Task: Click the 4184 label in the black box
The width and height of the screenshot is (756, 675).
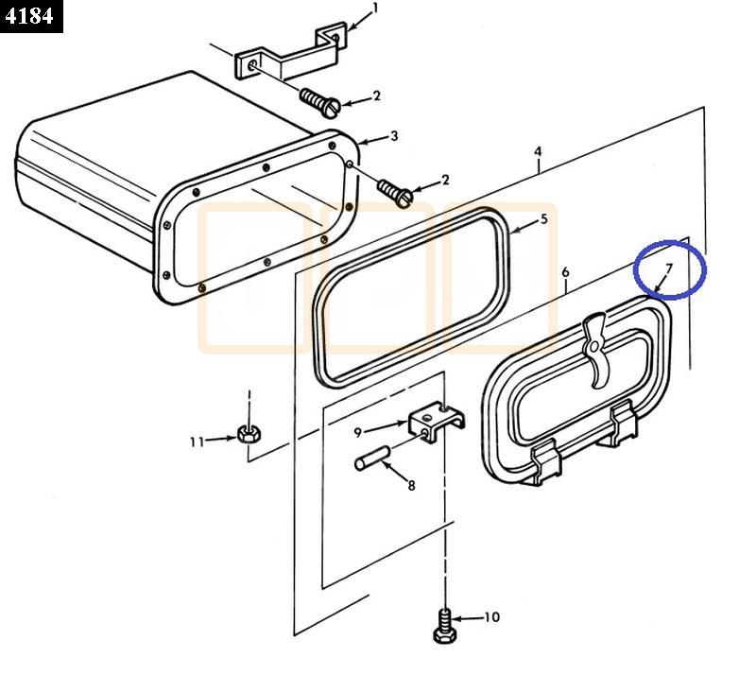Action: click(x=30, y=16)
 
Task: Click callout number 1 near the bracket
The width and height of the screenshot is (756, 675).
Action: click(x=375, y=9)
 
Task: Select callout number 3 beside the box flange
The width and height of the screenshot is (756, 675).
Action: click(x=394, y=136)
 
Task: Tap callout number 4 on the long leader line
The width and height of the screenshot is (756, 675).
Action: click(x=538, y=151)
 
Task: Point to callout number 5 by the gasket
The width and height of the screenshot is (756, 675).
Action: click(x=543, y=219)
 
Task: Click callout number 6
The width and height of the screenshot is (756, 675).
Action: click(x=565, y=273)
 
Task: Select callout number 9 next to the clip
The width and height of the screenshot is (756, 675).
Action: click(x=358, y=432)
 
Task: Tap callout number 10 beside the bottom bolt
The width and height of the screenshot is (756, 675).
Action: click(x=491, y=617)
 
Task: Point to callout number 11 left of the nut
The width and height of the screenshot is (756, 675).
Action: click(x=197, y=441)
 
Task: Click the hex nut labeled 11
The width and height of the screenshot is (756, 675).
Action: click(x=249, y=435)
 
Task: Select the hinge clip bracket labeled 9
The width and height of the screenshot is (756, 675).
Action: click(x=430, y=423)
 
